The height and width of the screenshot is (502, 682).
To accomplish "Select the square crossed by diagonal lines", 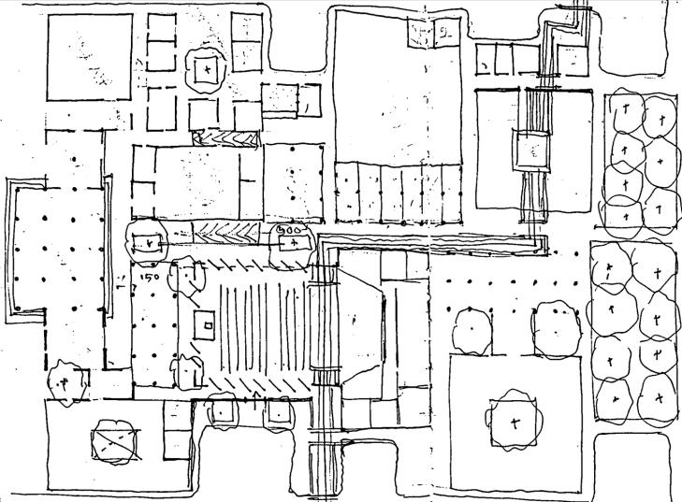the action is click(x=116, y=441).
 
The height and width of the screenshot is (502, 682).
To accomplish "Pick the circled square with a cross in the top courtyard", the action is click(x=205, y=68).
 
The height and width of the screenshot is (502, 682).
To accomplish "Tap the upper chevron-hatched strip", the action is click(x=225, y=137).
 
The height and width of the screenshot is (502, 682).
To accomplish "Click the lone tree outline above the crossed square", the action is click(x=65, y=382).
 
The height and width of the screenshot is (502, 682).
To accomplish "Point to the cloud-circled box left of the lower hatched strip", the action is click(x=145, y=241).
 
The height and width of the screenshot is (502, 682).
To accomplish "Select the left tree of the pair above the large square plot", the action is click(x=472, y=328).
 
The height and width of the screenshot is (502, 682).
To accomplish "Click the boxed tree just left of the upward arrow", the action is click(x=224, y=409).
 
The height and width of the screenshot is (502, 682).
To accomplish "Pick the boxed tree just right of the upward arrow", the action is click(x=280, y=409).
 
